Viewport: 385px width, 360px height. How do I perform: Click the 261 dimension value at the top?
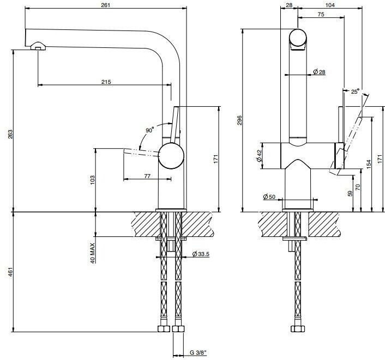coord(106,5)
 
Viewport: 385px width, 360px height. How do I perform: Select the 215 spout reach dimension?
coord(106,82)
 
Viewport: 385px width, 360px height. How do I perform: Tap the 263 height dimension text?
coord(10,134)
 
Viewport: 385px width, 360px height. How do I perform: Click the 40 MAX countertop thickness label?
coord(92,253)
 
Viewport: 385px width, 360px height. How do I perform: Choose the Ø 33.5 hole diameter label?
coord(201,254)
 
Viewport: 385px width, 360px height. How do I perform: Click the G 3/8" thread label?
coord(198,352)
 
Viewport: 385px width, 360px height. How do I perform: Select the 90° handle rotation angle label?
coord(149,130)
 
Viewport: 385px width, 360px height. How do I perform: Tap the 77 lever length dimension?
coord(147,176)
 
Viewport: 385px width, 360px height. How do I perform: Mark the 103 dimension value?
coord(92,180)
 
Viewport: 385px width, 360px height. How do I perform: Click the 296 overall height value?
coord(239,120)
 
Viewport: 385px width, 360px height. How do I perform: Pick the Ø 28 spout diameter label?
coord(319,72)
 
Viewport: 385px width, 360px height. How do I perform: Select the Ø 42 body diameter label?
coord(259,156)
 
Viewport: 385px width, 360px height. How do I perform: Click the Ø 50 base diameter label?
coord(269,197)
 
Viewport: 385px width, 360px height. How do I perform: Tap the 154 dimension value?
coord(369,164)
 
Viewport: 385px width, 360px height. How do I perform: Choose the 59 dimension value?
coord(350,193)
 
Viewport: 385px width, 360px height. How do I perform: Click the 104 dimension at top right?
coord(330,5)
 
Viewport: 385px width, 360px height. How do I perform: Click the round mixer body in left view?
coord(171,156)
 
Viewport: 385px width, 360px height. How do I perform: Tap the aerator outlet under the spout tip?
coord(38,46)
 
